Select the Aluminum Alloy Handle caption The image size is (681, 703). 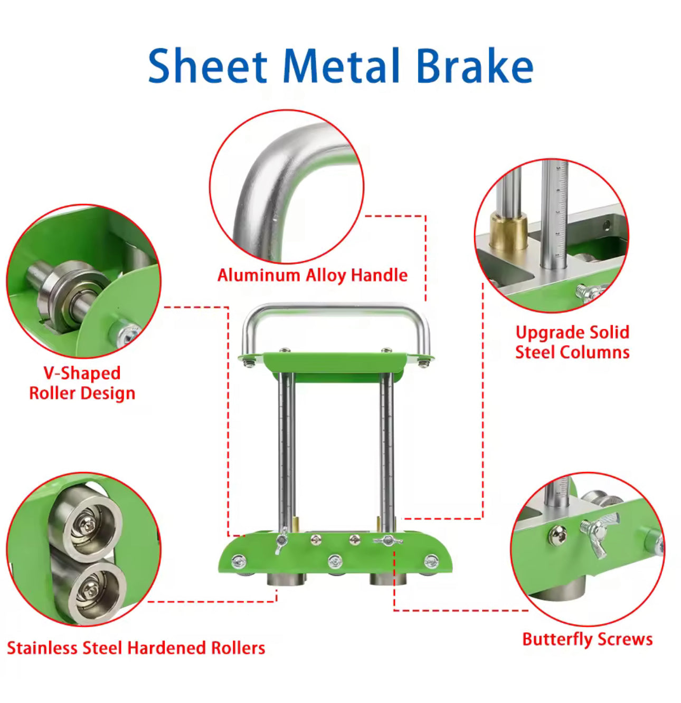click(313, 275)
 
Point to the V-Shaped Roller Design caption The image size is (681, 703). click(82, 383)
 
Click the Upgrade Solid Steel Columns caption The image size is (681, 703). click(572, 342)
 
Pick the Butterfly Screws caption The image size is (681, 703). click(587, 639)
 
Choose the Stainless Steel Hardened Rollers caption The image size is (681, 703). click(136, 648)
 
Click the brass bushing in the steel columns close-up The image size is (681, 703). click(508, 231)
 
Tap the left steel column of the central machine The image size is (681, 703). click(286, 448)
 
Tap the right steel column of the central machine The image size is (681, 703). click(386, 448)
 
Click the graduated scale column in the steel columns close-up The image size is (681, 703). click(554, 211)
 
